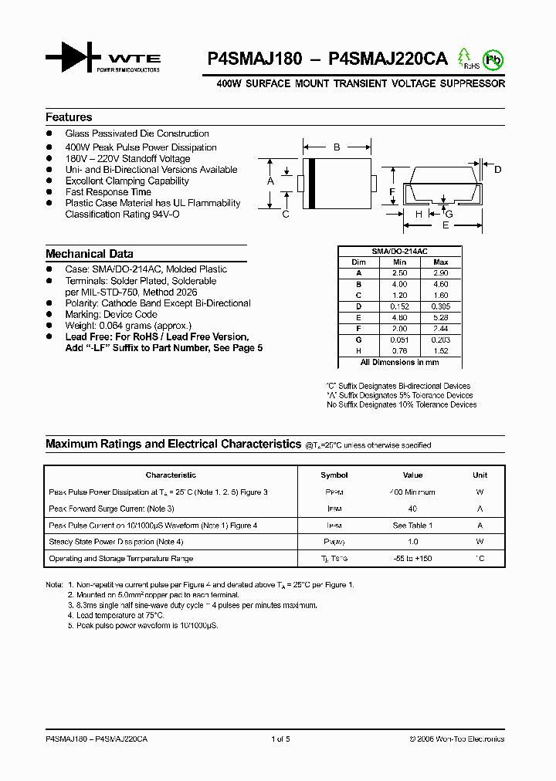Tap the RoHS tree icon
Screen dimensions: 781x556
pos(465,59)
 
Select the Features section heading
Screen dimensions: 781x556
pos(69,117)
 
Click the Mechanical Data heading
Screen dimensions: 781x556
pos(89,254)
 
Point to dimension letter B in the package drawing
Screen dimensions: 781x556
pos(337,147)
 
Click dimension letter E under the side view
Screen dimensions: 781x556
pos(446,225)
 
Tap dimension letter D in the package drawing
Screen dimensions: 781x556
pos(498,169)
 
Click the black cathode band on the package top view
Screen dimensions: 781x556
pos(310,183)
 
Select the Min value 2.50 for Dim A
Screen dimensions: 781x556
pos(399,273)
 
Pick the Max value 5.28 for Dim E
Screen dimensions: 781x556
pos(441,317)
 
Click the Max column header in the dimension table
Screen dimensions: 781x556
pos(441,262)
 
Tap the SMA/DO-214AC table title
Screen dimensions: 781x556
pos(399,252)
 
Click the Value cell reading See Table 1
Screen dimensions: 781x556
pos(412,526)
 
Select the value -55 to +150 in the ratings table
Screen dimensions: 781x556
pos(412,559)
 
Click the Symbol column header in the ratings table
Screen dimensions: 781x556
pos(334,475)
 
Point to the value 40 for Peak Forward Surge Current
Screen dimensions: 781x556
pos(412,509)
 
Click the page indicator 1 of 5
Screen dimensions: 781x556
pos(281,739)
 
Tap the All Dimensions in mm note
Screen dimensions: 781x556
pos(399,362)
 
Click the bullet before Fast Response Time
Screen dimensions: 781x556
pos(49,192)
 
